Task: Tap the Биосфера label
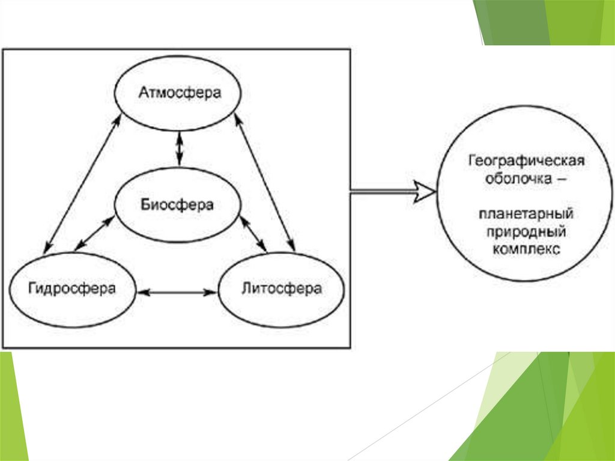[x=177, y=204]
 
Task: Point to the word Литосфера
[x=281, y=289]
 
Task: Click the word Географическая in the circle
[x=526, y=162]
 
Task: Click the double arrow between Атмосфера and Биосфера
[x=178, y=148]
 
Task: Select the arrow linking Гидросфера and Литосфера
[x=177, y=293]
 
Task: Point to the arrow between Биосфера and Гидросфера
[x=93, y=232]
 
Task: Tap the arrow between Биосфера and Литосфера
[x=253, y=234]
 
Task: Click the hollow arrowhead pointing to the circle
[x=424, y=192]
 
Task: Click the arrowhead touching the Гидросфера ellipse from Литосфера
[x=142, y=293]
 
